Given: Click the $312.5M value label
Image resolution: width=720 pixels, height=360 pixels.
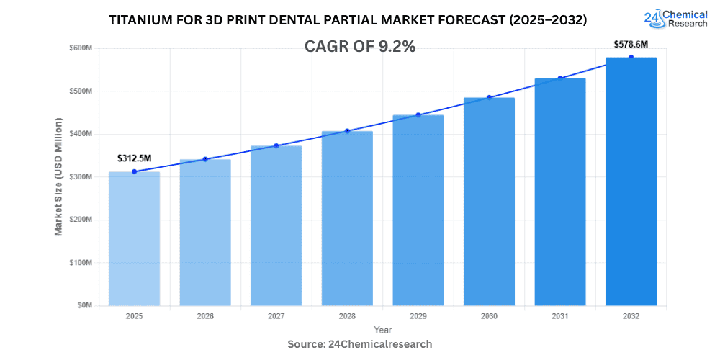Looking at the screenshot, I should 134,158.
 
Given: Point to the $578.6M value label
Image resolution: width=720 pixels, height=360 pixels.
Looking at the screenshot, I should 631,44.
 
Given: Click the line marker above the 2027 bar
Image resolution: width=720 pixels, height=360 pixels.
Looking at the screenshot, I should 276,146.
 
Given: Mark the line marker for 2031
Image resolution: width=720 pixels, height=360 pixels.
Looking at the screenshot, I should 559,78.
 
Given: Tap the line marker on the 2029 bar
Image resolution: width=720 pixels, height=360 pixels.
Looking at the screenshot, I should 418,115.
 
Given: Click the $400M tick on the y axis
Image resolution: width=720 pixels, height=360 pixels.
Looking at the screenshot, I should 81,134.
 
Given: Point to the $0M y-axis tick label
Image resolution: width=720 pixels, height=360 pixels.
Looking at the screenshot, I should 84,305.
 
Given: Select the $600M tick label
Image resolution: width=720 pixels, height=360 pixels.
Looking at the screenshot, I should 81,48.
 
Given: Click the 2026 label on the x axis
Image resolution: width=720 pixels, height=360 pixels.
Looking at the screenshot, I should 204,316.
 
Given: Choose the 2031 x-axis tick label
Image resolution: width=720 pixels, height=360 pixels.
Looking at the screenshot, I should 559,316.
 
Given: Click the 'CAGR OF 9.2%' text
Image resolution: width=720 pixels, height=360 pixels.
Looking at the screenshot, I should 361,47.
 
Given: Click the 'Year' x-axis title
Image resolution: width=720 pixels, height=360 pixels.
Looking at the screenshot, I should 382,329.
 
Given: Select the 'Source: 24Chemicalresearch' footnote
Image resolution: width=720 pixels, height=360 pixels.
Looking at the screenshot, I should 360,344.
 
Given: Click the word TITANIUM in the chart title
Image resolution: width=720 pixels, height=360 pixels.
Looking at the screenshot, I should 142,21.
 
